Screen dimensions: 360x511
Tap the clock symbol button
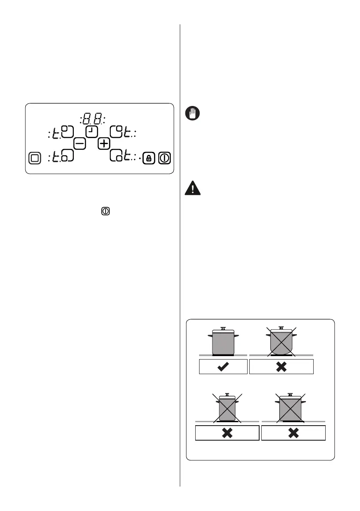(92, 131)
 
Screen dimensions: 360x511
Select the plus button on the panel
(104, 144)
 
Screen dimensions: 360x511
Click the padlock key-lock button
(148, 158)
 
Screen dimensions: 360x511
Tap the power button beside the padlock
(164, 158)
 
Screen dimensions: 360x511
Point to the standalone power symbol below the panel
(106, 211)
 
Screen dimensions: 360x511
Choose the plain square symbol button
(35, 158)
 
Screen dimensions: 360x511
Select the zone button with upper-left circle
(67, 131)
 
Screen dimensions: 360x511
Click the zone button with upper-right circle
(117, 131)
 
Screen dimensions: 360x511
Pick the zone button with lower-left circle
(67, 156)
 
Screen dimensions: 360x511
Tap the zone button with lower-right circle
(117, 156)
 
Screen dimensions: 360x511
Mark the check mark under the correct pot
(223, 367)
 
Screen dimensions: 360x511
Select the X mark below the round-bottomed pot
(281, 367)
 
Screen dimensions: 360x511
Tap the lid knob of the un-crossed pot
(223, 328)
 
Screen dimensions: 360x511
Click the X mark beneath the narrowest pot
(227, 433)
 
